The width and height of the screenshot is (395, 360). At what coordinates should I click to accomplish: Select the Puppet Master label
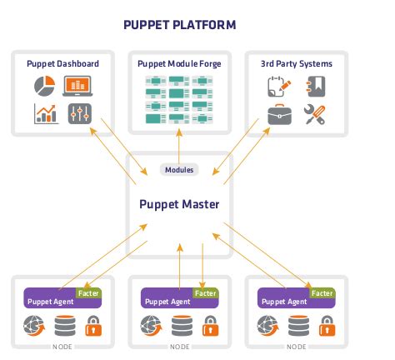coord(179,201)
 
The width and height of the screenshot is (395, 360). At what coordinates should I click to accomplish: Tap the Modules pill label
coord(179,169)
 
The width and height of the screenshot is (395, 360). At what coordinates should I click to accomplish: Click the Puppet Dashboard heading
coord(63,63)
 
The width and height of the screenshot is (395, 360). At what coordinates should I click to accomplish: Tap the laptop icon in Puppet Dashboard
coord(77,86)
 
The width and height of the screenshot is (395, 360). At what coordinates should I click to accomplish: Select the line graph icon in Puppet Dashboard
coord(45,114)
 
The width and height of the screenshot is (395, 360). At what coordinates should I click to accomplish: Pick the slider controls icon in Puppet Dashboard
coord(79,114)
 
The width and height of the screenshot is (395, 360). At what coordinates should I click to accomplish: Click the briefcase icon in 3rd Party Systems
coord(280,115)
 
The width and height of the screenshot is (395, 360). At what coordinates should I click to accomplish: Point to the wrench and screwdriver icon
coord(315,115)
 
